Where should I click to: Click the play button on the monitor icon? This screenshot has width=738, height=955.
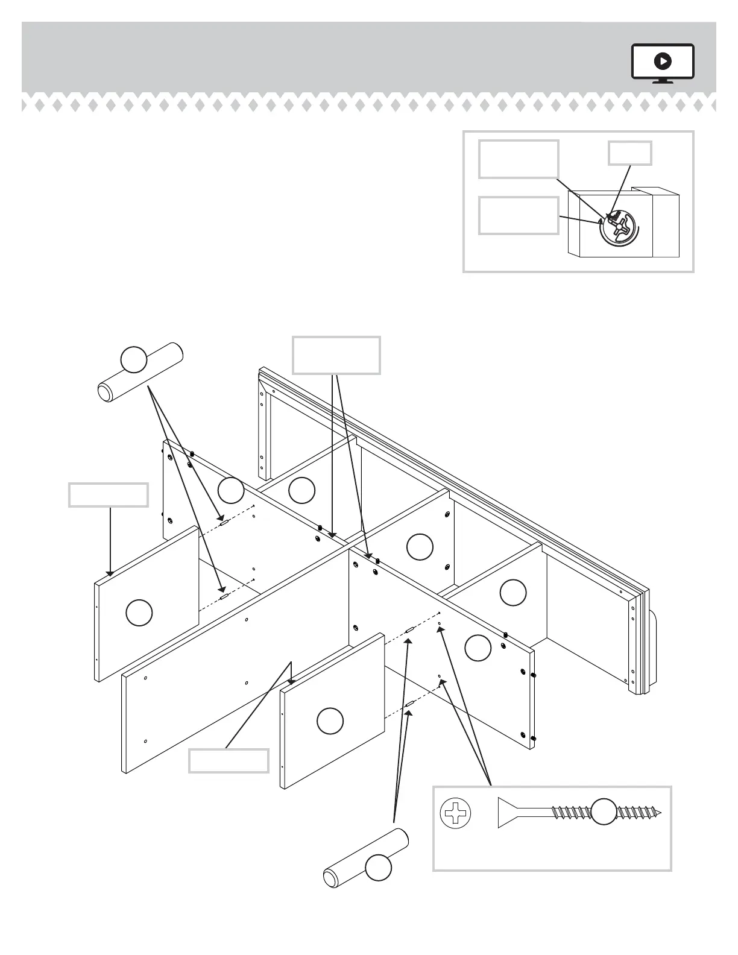(x=663, y=61)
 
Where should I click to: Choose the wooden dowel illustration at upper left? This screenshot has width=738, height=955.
(x=140, y=373)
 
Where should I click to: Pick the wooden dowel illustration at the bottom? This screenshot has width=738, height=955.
(x=366, y=858)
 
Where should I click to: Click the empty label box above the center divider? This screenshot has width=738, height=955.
(x=336, y=355)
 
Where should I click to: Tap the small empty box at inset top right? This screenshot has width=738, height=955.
(x=629, y=153)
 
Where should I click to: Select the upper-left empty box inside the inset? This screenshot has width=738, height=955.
(x=518, y=159)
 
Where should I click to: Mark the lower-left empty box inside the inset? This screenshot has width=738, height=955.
(x=518, y=215)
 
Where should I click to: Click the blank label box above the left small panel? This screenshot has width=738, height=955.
(x=108, y=494)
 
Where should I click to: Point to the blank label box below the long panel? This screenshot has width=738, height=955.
(x=229, y=760)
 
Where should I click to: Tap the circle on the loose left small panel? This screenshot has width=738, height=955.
(x=139, y=613)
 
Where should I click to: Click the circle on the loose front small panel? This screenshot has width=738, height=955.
(x=330, y=721)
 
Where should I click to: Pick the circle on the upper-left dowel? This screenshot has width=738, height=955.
(x=134, y=359)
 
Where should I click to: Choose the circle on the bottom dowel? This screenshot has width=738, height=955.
(x=379, y=868)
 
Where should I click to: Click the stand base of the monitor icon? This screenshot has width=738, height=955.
(x=663, y=81)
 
